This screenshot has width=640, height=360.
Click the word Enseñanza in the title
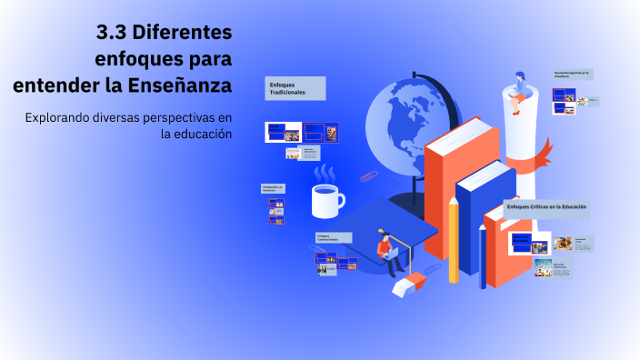tap(182, 85)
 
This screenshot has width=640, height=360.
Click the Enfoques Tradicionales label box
tap(295, 88)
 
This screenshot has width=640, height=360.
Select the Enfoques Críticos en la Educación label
tap(546, 208)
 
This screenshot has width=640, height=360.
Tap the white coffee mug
tap(325, 200)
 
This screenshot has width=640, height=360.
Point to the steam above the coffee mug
tap(325, 172)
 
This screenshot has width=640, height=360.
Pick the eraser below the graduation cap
tap(408, 285)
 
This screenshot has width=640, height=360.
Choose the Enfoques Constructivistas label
tap(333, 237)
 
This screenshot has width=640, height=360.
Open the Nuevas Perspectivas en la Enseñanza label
tap(573, 74)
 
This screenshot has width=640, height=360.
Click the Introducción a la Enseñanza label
tap(274, 188)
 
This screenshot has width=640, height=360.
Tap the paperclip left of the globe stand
tap(368, 175)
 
